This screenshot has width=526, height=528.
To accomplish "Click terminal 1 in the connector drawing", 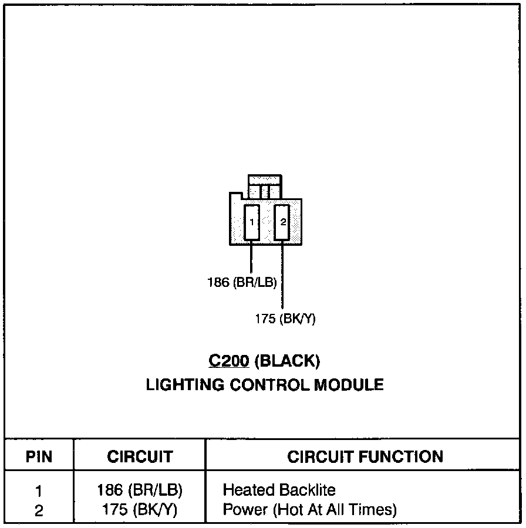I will tap(252, 222).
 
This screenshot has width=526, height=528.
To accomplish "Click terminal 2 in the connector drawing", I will tap(283, 222).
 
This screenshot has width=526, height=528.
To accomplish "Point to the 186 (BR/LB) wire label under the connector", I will tap(242, 282).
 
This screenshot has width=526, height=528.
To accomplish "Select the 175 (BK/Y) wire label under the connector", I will tap(285, 319).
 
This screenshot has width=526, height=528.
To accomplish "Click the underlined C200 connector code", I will tap(228, 361).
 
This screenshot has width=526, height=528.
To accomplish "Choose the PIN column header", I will tap(39, 457).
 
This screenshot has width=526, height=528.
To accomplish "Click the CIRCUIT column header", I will tap(140, 457).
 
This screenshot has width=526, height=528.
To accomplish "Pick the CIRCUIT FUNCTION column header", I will tap(365, 457).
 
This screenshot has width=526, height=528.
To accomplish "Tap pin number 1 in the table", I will tap(39, 490).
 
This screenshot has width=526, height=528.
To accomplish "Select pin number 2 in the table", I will tap(39, 510).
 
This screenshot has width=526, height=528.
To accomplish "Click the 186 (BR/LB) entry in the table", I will tap(140, 490).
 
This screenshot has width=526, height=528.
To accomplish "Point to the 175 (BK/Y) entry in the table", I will tap(140, 510).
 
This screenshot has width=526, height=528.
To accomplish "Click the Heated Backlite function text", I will tap(279, 490).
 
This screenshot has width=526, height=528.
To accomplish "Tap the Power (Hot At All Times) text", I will tap(310, 510).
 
